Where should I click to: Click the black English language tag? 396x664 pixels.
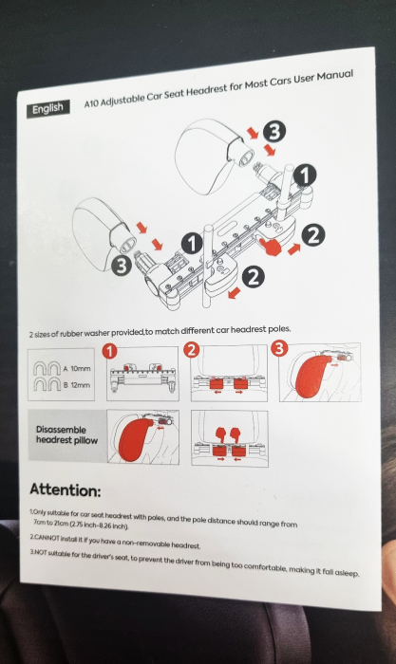[x=47, y=109]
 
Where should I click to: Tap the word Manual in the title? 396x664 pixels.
[x=335, y=76]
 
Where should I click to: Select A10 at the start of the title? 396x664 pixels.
[x=91, y=102]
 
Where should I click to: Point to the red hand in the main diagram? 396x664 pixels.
[x=270, y=246]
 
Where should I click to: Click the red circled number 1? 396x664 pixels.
[x=109, y=352]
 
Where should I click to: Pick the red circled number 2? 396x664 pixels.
[x=191, y=350]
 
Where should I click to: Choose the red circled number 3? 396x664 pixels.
[x=278, y=348]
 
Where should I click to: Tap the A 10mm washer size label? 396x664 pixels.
[x=77, y=368]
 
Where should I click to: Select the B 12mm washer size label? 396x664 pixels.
[x=77, y=385]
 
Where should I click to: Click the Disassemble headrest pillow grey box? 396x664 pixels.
[x=67, y=434]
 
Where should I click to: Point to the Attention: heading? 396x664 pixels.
[x=66, y=490]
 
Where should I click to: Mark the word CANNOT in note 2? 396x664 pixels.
[x=47, y=538]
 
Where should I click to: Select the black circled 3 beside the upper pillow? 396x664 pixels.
[x=274, y=131]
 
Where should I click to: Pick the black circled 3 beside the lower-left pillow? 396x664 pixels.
[x=122, y=266]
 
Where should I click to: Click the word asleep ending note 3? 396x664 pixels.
[x=347, y=573]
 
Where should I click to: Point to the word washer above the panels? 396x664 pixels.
[x=99, y=333]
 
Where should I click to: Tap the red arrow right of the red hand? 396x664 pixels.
[x=293, y=249]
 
